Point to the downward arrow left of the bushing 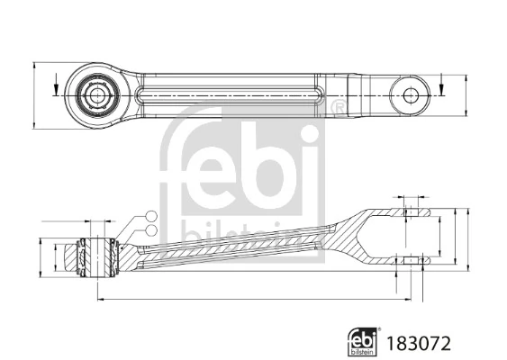pos(55,88)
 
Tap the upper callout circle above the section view pos(150,214)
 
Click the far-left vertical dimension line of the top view pos(33,94)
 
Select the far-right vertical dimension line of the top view pos(467,94)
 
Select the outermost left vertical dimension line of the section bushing pos(41,255)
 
